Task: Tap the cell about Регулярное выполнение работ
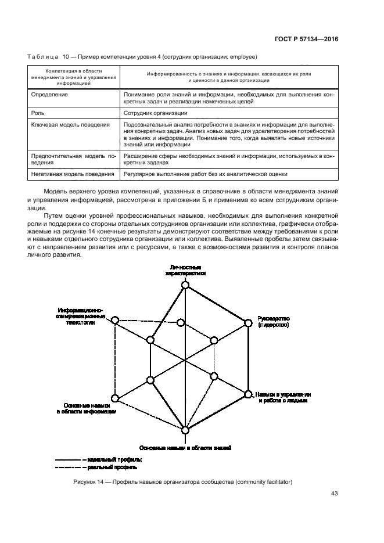[x=206, y=174]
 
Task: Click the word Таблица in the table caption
[x=42, y=56]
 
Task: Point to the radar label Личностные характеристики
[x=185, y=270]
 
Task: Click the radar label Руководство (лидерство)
[x=274, y=322]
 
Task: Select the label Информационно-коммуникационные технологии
[x=81, y=317]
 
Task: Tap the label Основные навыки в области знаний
[x=185, y=448]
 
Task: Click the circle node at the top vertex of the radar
[x=185, y=285]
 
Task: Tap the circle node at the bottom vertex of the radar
[x=185, y=430]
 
